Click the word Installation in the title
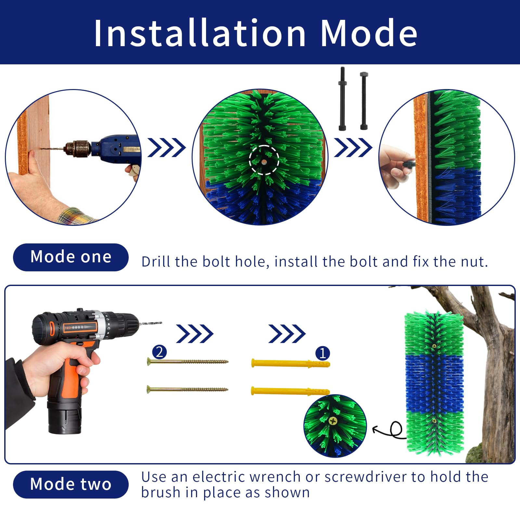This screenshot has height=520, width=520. click(x=200, y=33)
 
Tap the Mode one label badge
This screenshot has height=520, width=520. click(x=71, y=257)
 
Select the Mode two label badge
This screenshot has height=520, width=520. click(x=71, y=484)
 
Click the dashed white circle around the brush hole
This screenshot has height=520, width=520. click(x=264, y=160)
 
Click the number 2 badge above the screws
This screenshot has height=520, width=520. click(x=159, y=352)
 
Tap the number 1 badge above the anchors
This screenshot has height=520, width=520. click(x=322, y=353)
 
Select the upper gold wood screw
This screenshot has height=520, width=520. click(x=188, y=361)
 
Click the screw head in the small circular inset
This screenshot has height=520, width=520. click(x=333, y=421)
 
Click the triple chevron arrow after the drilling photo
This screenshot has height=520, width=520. click(x=166, y=148)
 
